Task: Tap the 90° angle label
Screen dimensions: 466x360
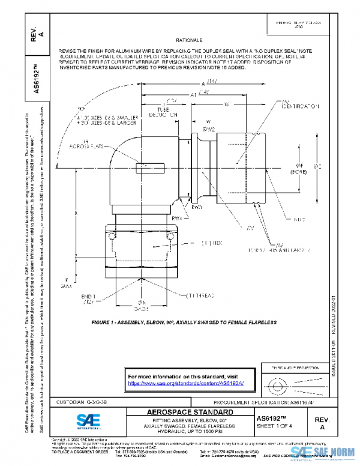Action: click(82, 109)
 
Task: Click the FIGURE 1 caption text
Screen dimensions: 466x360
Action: click(184, 322)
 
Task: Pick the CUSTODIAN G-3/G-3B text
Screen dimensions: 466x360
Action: click(82, 401)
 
